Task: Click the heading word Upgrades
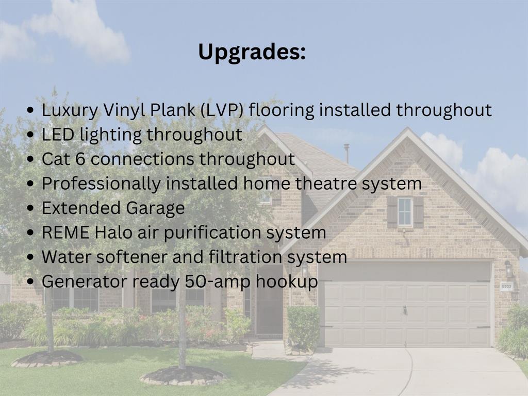[252, 53]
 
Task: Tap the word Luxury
[70, 111]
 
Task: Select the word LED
[58, 135]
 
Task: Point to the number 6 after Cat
[80, 159]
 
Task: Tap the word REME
[65, 233]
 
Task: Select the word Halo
[113, 233]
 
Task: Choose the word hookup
[287, 282]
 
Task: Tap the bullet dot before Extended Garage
[30, 208]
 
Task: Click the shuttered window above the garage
[405, 212]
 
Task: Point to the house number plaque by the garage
[506, 287]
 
